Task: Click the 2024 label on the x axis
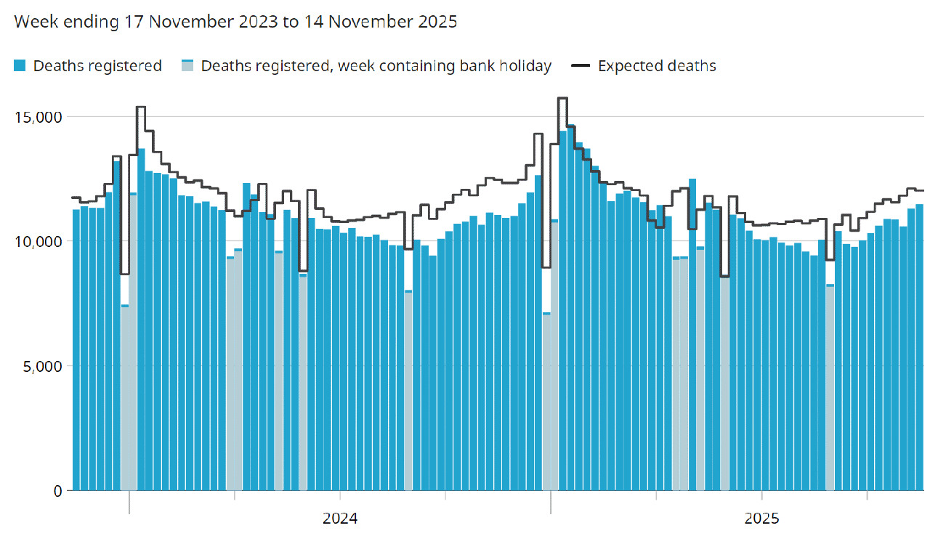(340, 519)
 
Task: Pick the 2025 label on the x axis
(761, 519)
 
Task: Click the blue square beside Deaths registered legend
(20, 66)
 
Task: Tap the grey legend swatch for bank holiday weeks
(187, 66)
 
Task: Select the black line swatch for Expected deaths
(581, 66)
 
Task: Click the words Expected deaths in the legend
(657, 66)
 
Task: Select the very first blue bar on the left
(76, 349)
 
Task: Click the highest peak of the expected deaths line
(562, 97)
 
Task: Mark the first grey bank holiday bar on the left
(125, 399)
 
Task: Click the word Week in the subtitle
(32, 22)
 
